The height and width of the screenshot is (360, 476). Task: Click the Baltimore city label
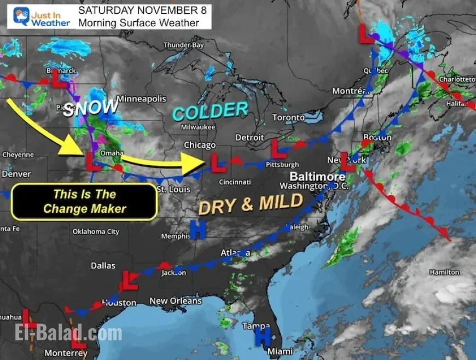[317, 177]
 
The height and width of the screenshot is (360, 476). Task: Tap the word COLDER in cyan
[210, 111]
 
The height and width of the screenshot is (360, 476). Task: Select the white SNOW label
[90, 107]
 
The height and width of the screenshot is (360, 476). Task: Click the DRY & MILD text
[250, 205]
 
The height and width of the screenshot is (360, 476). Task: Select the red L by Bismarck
[58, 80]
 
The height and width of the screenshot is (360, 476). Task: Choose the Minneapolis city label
[141, 99]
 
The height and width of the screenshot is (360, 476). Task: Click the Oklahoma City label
[96, 231]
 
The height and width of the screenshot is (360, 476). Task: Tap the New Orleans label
[175, 301]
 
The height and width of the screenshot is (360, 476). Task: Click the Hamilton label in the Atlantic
[444, 272]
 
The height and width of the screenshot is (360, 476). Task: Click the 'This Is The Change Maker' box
[84, 202]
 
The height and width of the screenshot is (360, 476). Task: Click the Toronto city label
[288, 118]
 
